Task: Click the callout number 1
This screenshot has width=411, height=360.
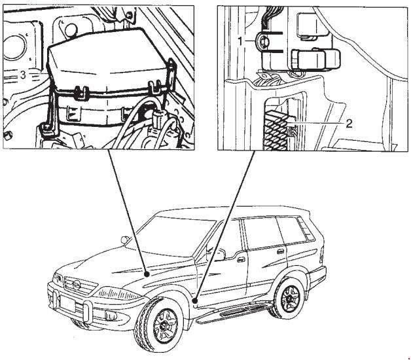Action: click(240, 41)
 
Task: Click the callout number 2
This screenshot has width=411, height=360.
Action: click(349, 124)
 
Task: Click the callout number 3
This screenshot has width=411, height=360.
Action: click(23, 75)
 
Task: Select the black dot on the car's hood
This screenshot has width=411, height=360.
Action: click(147, 274)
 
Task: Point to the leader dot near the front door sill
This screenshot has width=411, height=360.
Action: click(194, 300)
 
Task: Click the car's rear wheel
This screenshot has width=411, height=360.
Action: click(289, 299)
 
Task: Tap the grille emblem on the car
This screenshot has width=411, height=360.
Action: click(77, 285)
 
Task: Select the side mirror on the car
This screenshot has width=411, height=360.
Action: click(219, 254)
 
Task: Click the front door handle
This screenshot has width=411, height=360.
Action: click(240, 260)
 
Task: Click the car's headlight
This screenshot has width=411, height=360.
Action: click(117, 293)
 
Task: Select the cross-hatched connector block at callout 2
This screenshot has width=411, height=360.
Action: click(276, 130)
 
